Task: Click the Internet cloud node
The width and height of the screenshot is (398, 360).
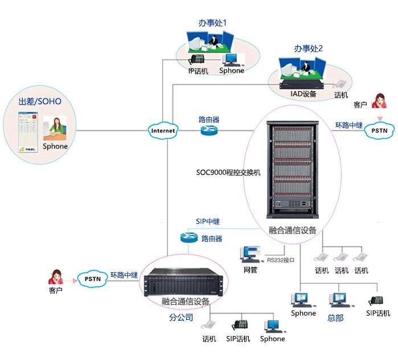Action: [x=163, y=130]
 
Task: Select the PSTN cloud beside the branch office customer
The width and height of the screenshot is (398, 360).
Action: [x=92, y=279]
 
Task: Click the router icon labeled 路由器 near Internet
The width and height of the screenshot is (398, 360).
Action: [x=208, y=130]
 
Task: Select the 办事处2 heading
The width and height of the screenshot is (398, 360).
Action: [x=308, y=48]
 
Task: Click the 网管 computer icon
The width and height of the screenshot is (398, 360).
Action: [x=250, y=255]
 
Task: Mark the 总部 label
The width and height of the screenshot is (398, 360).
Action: [x=335, y=318]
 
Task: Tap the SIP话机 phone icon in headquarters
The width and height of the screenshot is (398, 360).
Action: [x=376, y=300]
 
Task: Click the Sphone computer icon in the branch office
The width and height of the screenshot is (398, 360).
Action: [x=272, y=325]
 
